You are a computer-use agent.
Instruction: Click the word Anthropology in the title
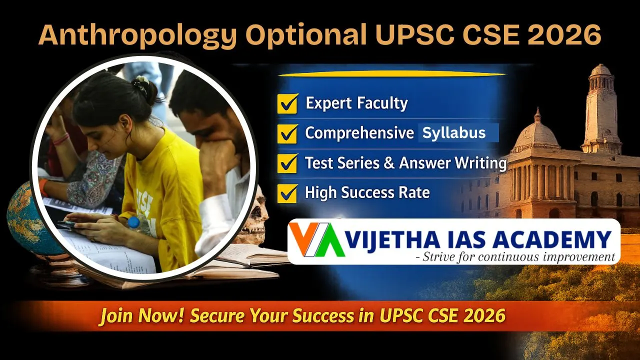coord(116,35)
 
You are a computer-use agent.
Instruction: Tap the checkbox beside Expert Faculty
coord(287,103)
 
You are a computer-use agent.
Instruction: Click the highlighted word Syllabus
coord(454,133)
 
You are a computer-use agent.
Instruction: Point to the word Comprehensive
coord(359,133)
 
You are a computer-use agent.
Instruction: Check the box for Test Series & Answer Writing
coord(287,163)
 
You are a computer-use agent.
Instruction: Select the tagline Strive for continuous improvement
coord(518,257)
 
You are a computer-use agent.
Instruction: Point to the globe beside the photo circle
coord(25,220)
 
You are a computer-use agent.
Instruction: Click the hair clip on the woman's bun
coord(141,83)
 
